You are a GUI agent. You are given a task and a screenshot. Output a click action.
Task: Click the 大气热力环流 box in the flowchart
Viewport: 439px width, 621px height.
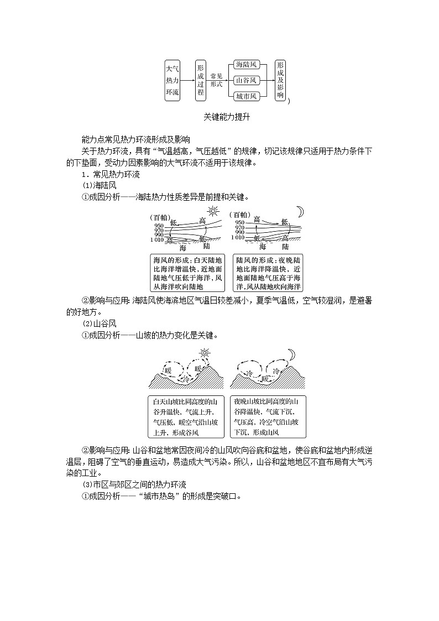click(173, 80)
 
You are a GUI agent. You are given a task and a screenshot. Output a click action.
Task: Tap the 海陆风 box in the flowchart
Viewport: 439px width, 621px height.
click(247, 65)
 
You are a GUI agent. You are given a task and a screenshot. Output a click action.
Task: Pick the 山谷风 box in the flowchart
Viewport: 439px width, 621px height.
click(247, 80)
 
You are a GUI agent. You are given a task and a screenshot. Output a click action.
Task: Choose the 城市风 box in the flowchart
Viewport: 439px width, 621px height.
click(247, 96)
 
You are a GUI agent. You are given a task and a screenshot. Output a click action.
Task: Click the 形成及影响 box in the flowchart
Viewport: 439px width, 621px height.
click(280, 80)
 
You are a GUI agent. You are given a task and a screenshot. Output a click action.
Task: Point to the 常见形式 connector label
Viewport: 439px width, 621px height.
click(216, 80)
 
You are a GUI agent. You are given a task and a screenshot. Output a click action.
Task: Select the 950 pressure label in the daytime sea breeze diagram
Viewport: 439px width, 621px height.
click(159, 226)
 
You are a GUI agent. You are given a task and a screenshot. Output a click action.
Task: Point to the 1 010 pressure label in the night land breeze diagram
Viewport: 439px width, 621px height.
click(238, 237)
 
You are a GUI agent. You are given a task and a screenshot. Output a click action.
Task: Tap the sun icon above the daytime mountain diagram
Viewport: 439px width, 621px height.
click(205, 352)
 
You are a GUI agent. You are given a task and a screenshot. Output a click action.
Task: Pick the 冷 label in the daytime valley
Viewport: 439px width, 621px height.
click(186, 380)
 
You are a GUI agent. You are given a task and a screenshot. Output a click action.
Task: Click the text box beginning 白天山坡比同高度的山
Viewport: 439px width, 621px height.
click(186, 416)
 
